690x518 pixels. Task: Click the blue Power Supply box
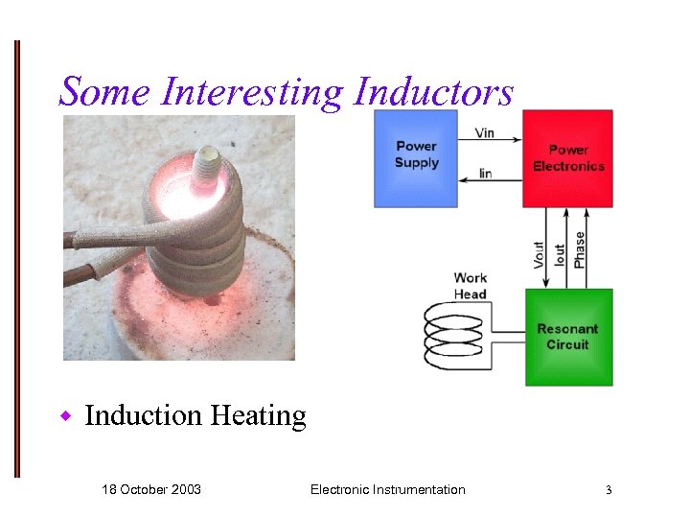(416, 157)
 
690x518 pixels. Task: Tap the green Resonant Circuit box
(568, 337)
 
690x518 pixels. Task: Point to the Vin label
(484, 132)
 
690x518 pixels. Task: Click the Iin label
(485, 174)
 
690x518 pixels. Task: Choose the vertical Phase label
(579, 249)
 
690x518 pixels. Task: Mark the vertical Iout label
(560, 255)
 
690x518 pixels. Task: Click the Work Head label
(471, 286)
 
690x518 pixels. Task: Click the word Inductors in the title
(433, 92)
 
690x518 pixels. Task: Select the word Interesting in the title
(253, 92)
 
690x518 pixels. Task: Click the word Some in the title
(105, 92)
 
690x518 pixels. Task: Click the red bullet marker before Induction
(67, 416)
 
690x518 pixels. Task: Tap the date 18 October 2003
(151, 489)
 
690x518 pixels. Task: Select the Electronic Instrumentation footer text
(387, 489)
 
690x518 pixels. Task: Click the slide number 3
(608, 490)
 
